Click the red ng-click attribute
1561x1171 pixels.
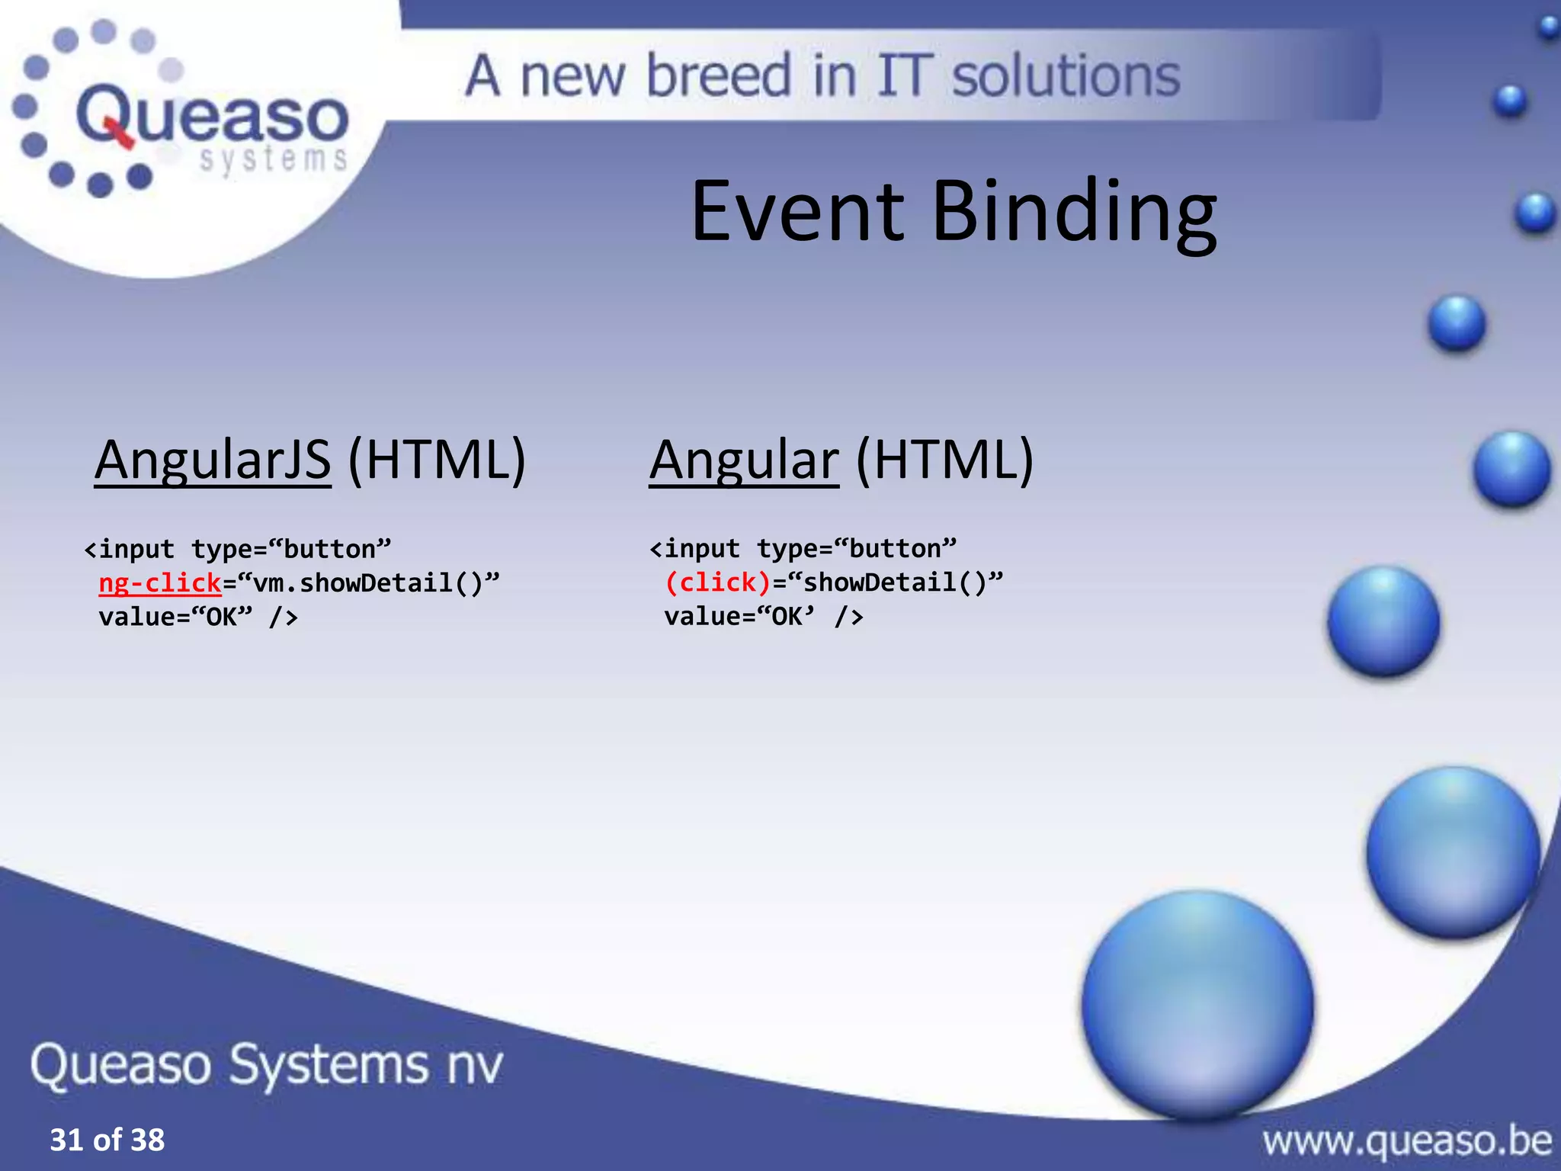click(x=160, y=583)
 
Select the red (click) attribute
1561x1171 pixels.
click(x=718, y=583)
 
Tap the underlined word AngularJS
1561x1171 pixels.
click(x=213, y=460)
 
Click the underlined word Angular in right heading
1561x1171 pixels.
click(x=744, y=460)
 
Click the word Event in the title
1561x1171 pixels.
click(x=797, y=211)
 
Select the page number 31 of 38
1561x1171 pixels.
click(x=107, y=1140)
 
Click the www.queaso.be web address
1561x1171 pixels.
click(x=1406, y=1141)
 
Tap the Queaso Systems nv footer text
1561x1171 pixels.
click(x=267, y=1064)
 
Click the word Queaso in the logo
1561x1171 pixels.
click(x=213, y=116)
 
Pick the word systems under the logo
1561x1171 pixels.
click(x=274, y=159)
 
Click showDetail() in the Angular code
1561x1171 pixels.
click(x=896, y=583)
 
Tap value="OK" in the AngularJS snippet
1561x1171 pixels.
click(x=175, y=617)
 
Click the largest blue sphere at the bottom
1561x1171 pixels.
click(x=1197, y=1004)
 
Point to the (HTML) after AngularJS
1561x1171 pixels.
click(x=437, y=460)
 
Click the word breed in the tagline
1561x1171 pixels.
click(x=719, y=76)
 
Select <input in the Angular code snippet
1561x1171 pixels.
click(x=694, y=549)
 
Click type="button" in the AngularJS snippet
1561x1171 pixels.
click(x=290, y=549)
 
